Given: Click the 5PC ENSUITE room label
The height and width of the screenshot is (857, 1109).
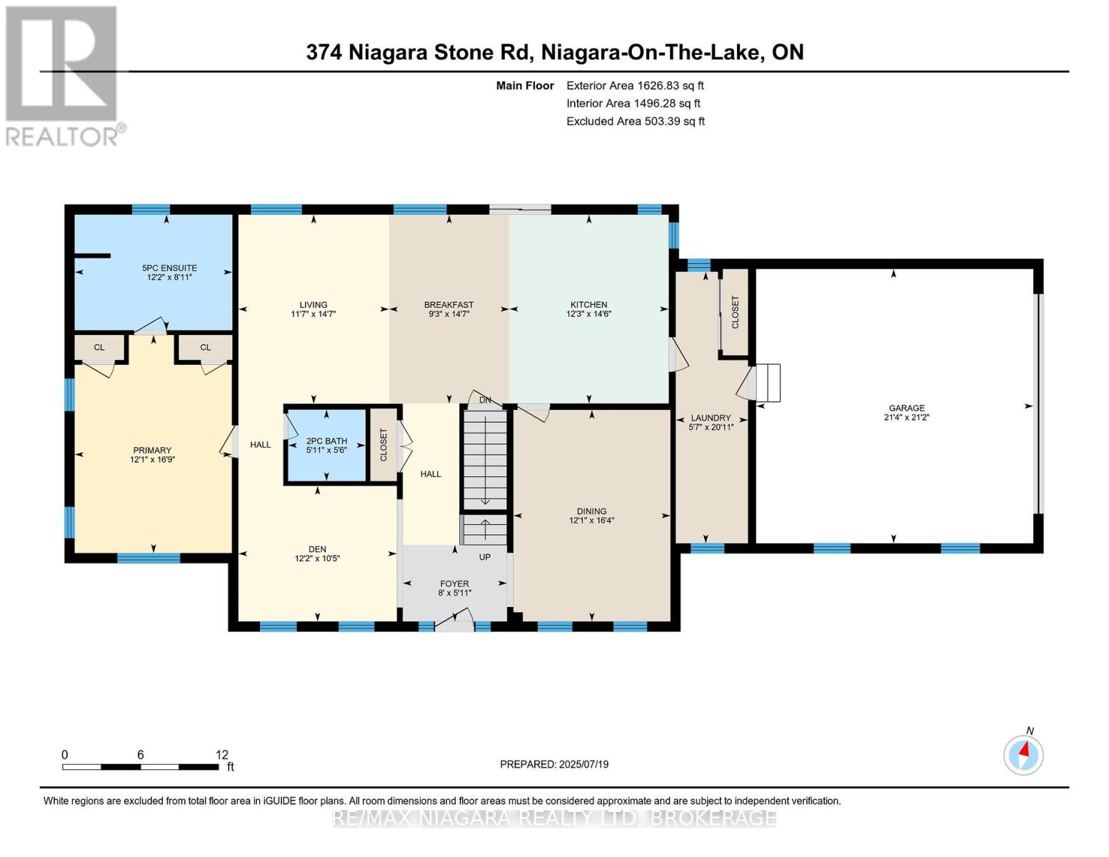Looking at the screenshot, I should click(x=169, y=268).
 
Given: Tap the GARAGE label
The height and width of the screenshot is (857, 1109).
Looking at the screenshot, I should click(x=906, y=408).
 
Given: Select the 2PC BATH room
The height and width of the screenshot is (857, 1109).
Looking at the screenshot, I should click(x=326, y=446).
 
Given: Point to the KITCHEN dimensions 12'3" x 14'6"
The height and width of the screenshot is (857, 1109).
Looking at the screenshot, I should click(x=588, y=314).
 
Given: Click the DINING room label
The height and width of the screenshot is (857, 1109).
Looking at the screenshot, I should click(x=591, y=511).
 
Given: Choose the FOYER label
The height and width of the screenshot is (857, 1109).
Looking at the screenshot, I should click(x=454, y=583).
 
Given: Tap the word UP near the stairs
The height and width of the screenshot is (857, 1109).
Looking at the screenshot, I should click(x=485, y=557).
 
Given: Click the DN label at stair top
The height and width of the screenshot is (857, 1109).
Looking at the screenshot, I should click(x=485, y=400).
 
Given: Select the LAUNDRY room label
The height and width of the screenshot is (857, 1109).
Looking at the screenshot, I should click(x=711, y=418).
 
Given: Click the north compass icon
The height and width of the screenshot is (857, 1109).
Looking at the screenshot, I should click(x=1023, y=754).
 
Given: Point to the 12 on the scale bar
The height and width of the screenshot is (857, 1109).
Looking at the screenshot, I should click(x=221, y=754).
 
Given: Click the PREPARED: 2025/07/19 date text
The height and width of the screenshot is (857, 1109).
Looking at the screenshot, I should click(x=554, y=764).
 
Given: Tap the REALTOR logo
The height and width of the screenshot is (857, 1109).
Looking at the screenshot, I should click(x=63, y=75).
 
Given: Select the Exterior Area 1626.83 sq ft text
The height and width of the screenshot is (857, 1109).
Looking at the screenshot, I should click(x=635, y=85).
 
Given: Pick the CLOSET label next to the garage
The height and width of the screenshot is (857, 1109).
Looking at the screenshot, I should click(x=735, y=312).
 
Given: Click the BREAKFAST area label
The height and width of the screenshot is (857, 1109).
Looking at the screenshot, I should click(x=448, y=304).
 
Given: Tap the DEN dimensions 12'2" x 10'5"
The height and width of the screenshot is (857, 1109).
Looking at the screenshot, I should click(x=317, y=558).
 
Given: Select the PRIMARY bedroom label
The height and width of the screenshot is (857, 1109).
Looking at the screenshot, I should click(x=152, y=450).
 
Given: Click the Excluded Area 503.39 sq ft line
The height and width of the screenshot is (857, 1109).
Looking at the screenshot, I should click(x=635, y=121).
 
